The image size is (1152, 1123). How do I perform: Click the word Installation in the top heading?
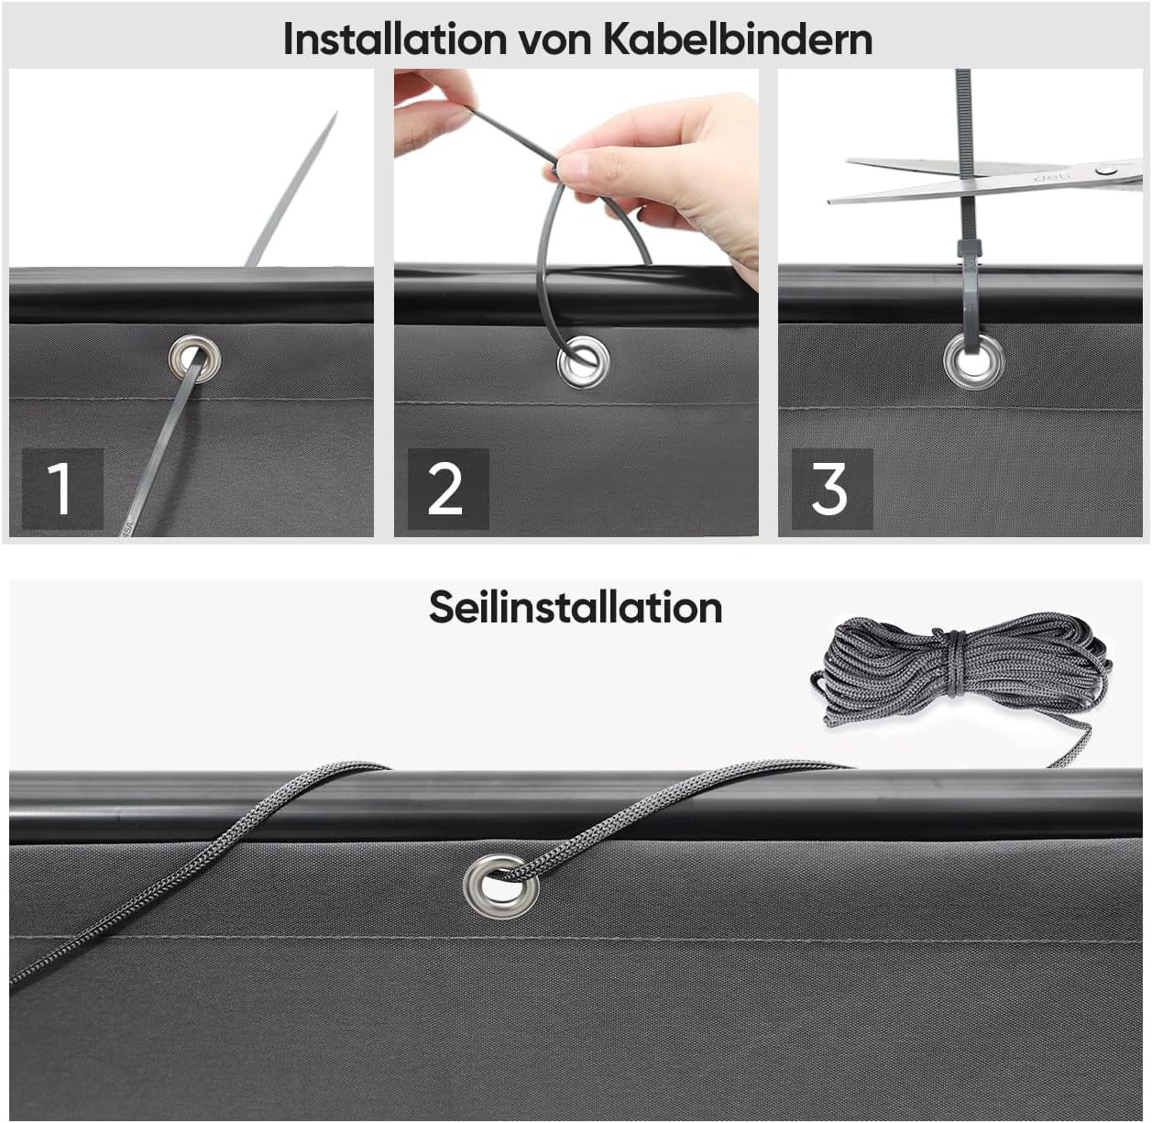[x=395, y=39]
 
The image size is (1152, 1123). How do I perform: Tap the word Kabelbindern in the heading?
[x=738, y=39]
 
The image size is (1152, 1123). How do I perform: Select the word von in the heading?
[x=554, y=43]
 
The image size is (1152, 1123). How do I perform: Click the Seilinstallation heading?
[x=576, y=608]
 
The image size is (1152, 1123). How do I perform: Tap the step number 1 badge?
[x=62, y=489]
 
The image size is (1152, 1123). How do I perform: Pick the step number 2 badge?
[x=448, y=489]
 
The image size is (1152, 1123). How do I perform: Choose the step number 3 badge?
[x=832, y=489]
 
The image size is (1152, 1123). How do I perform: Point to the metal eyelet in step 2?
[x=583, y=361]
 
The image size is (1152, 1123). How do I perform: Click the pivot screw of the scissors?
[x=1103, y=171]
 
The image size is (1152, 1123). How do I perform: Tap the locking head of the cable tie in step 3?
[x=968, y=250]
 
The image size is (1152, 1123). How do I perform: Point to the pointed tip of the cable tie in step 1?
[x=336, y=113]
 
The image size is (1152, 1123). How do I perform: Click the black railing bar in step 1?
[x=192, y=294]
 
